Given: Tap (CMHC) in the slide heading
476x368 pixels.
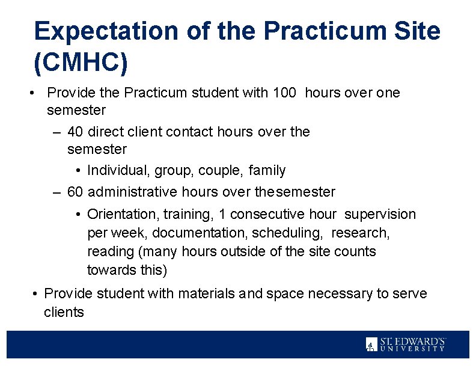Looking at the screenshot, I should point(81,63).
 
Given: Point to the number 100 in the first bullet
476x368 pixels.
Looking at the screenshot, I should point(285,93).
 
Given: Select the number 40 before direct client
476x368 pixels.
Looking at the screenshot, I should point(75,132).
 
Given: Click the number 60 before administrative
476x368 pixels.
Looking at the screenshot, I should point(75,192).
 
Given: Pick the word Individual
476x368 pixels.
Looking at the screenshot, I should point(118,171).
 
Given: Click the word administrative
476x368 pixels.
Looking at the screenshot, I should point(133,192).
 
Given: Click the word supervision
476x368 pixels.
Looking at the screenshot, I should point(380,214).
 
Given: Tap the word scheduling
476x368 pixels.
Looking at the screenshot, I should point(288,233).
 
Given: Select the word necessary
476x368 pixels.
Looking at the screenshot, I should point(342,294).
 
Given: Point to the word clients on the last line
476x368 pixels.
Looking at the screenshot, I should point(64,313).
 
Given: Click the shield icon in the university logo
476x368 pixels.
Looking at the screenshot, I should point(371,344).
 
